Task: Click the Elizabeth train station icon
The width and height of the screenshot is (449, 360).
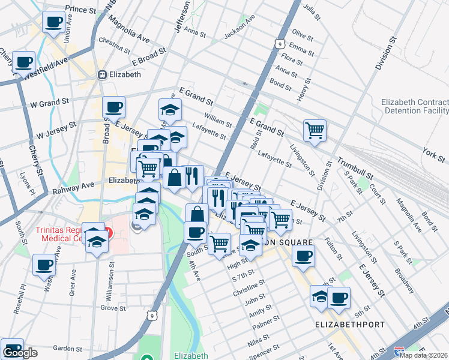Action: pyautogui.click(x=103, y=75)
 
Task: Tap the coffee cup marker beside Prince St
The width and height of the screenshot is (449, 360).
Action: pyautogui.click(x=54, y=22)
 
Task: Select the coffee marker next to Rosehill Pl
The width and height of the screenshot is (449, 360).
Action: pyautogui.click(x=44, y=265)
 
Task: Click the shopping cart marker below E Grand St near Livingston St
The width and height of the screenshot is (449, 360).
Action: pyautogui.click(x=315, y=130)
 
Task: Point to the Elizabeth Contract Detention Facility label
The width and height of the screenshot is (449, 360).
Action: pyautogui.click(x=414, y=106)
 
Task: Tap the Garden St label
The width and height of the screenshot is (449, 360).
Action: pyautogui.click(x=67, y=348)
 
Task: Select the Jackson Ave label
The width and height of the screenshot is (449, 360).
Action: pyautogui.click(x=239, y=34)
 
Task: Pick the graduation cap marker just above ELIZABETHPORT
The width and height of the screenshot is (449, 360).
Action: pyautogui.click(x=320, y=296)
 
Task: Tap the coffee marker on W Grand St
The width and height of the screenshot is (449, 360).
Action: pyautogui.click(x=113, y=107)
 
